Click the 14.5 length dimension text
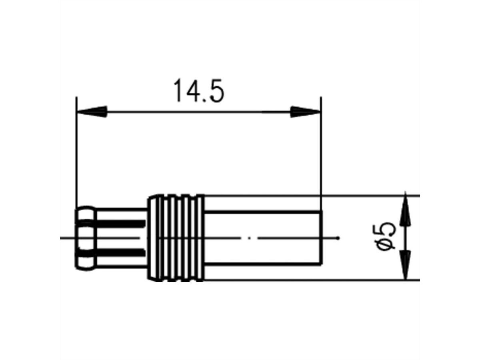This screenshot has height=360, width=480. point(198,92)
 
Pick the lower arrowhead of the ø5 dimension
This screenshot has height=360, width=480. point(406,266)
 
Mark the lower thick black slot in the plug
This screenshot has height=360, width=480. point(120,253)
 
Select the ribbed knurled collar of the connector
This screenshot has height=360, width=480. point(176,238)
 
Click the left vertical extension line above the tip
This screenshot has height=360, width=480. point(76,160)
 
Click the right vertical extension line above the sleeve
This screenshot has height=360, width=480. point(321,160)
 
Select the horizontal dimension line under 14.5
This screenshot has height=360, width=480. point(198,112)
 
